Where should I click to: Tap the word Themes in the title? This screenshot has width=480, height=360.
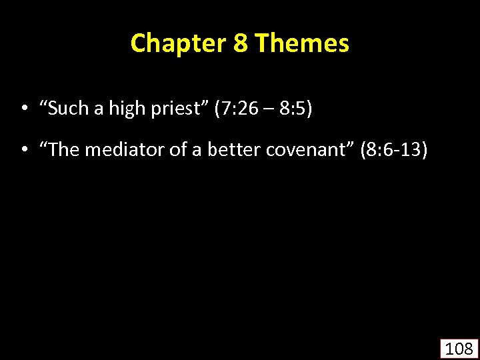[302, 43]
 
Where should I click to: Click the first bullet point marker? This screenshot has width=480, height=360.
[24, 109]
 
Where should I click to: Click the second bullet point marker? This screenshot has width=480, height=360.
[24, 151]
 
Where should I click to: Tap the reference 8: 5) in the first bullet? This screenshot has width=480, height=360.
[295, 108]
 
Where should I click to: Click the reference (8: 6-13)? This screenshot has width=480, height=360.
[393, 150]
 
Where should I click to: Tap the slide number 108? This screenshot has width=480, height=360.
[459, 348]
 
